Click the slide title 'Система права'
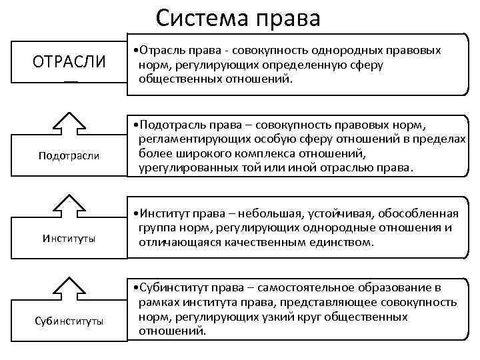[238, 17]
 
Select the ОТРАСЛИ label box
[69, 62]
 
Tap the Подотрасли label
[69, 155]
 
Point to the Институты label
[69, 238]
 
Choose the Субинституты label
[69, 321]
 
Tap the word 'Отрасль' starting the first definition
[160, 50]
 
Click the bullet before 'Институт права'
[135, 214]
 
